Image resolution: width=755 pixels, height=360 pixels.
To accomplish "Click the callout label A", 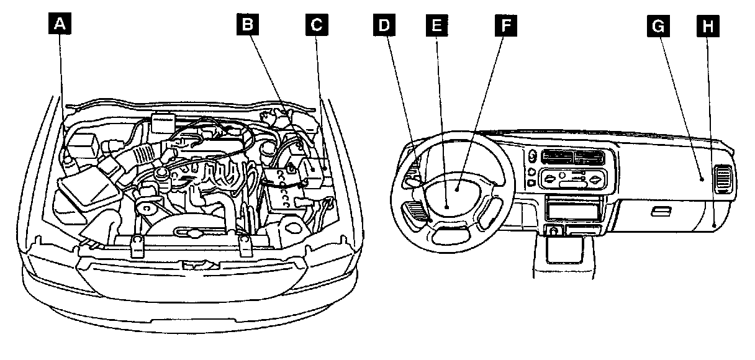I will pyautogui.click(x=60, y=24).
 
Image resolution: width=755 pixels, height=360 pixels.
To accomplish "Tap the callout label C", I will pyautogui.click(x=316, y=24).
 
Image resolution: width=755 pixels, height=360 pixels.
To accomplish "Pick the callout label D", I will pyautogui.click(x=385, y=24).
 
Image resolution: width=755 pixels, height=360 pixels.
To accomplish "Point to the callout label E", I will pyautogui.click(x=436, y=24).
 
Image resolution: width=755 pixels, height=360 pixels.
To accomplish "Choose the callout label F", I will pyautogui.click(x=505, y=24).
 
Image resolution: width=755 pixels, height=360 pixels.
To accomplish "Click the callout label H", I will pyautogui.click(x=705, y=24).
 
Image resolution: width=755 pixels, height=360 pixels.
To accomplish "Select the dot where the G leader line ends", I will pyautogui.click(x=702, y=180).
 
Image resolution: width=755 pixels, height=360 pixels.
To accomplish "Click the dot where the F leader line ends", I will pyautogui.click(x=458, y=191).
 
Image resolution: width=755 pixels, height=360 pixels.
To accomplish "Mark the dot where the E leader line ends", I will pyautogui.click(x=446, y=205).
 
